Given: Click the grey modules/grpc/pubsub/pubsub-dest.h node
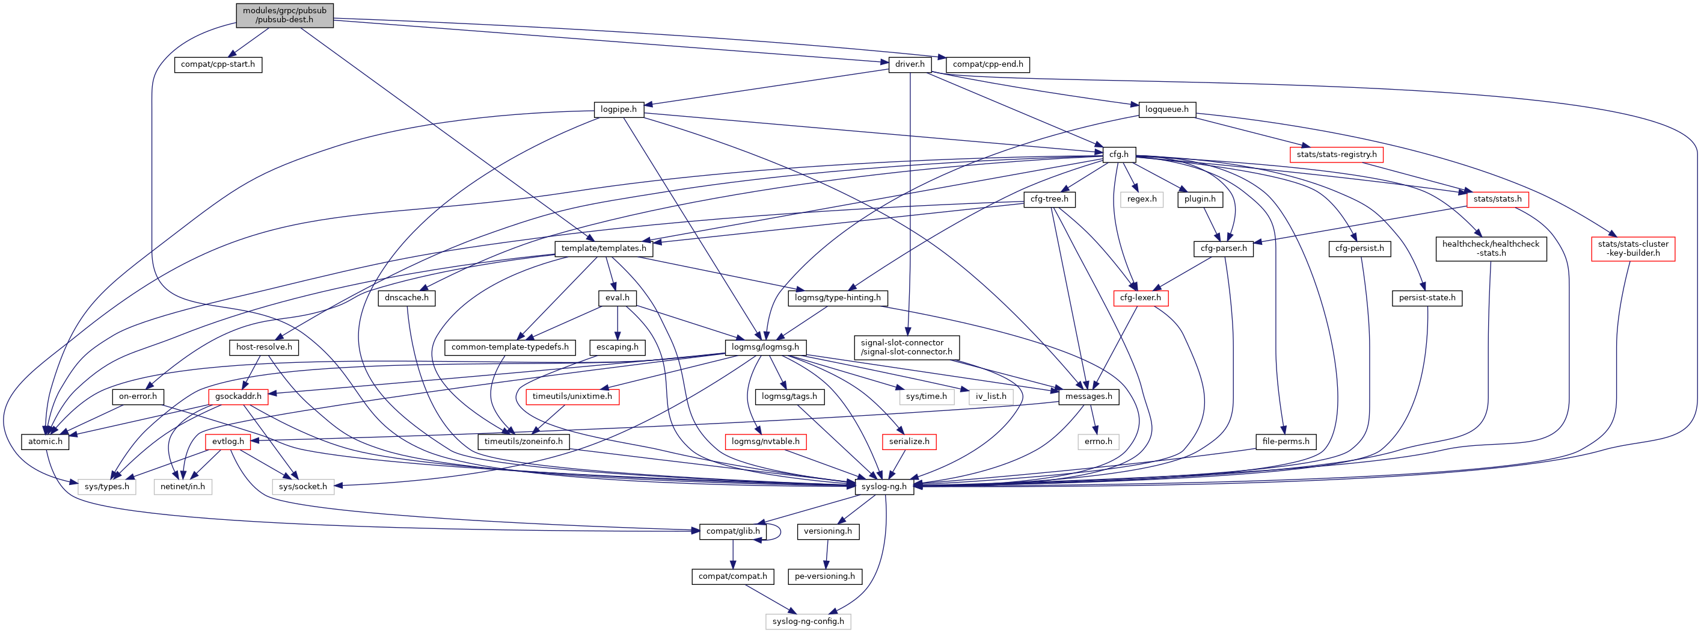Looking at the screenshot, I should [284, 15].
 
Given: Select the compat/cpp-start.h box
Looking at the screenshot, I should [218, 65].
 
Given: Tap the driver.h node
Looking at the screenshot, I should [910, 65].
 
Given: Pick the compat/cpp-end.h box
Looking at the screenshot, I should [988, 65].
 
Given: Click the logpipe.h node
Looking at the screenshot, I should [618, 110].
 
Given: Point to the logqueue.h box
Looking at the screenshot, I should [1167, 110].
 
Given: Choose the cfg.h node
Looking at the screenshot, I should [1118, 155].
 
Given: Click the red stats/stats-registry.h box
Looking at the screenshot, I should [1337, 155].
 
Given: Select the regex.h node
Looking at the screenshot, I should [1142, 199].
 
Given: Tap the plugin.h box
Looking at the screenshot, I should [1200, 199].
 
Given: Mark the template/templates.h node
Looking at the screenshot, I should [604, 249].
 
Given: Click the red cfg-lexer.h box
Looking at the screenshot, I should [1141, 298].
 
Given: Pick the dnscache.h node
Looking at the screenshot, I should [406, 298].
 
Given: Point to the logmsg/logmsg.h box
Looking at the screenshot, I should [765, 347].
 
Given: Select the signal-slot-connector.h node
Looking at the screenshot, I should [907, 348].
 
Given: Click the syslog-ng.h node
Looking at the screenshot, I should [884, 487].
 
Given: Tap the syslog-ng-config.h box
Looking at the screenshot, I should [808, 622].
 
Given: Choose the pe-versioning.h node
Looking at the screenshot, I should [825, 577].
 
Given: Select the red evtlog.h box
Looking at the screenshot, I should [228, 442].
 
